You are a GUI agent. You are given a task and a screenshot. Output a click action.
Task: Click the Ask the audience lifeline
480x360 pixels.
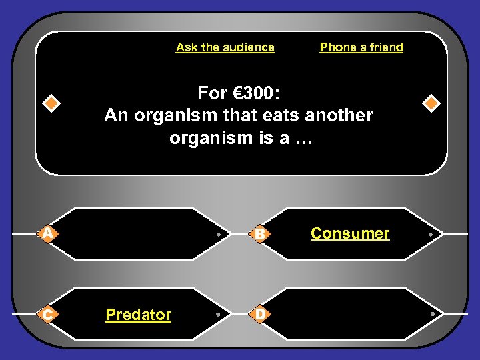(225, 47)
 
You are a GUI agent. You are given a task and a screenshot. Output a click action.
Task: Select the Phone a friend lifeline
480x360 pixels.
(361, 47)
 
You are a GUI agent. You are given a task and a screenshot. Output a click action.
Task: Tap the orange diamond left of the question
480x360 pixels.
(51, 103)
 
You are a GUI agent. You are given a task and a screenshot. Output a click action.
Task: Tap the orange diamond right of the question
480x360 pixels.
(431, 103)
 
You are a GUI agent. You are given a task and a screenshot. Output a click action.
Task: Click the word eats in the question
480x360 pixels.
(280, 115)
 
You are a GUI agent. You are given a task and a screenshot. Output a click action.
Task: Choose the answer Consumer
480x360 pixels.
(350, 233)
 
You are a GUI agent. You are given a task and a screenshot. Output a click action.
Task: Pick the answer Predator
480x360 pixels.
(138, 315)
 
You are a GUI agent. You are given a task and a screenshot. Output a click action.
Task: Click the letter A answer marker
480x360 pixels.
(47, 233)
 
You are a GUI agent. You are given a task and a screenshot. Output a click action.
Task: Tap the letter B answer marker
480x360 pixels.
(261, 234)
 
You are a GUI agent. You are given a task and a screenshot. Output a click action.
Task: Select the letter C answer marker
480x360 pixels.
(47, 314)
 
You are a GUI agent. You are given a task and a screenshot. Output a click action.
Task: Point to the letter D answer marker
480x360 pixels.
(261, 314)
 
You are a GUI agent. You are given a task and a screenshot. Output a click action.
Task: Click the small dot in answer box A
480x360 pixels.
(219, 235)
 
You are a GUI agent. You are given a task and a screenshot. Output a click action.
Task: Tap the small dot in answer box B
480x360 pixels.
(431, 235)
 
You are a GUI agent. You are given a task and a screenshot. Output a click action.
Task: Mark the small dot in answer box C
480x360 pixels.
(219, 314)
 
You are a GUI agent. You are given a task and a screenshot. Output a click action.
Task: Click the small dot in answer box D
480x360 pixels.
(431, 314)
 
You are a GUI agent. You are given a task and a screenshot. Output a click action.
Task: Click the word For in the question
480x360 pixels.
(212, 92)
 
